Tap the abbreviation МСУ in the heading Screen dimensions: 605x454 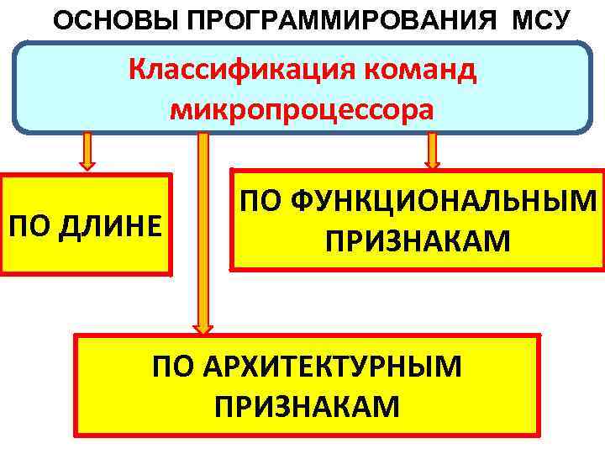click(539, 18)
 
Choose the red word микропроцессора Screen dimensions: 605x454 click(302, 109)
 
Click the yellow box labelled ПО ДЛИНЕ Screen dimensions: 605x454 click(86, 224)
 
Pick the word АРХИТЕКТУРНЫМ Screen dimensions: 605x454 click(330, 367)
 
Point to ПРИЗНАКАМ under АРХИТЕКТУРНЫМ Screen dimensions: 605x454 click(308, 407)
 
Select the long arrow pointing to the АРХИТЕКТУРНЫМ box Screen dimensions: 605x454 click(203, 227)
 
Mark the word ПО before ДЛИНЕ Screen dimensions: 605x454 click(28, 224)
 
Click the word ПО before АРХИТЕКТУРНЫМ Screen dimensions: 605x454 click(172, 367)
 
